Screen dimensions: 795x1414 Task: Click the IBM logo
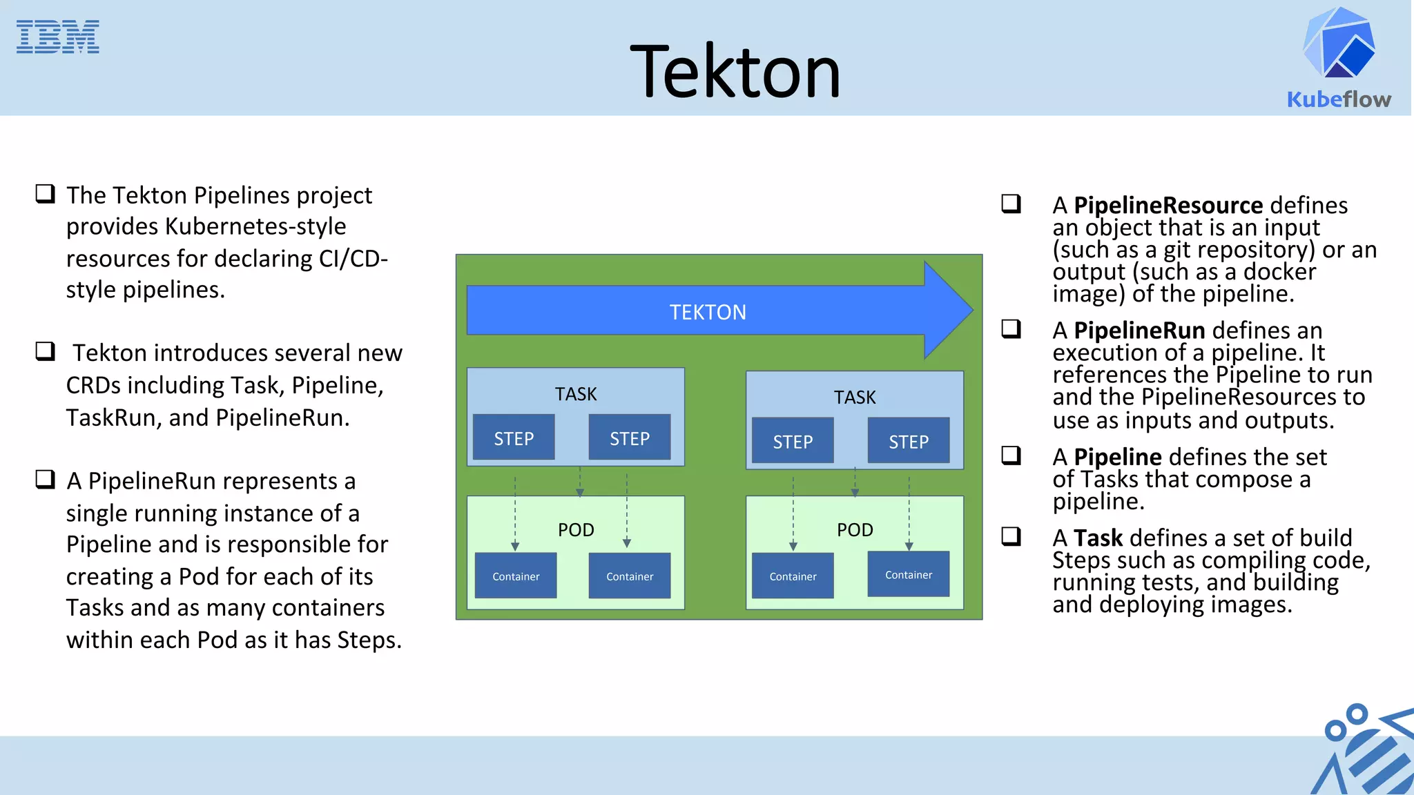[57, 37]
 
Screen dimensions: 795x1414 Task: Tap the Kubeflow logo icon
[1339, 43]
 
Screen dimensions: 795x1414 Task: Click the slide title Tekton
[735, 72]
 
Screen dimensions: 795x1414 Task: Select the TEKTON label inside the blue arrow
[708, 313]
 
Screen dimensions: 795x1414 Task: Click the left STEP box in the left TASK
[514, 438]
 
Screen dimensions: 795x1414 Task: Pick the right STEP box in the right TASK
[909, 441]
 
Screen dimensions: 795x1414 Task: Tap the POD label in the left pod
[576, 530]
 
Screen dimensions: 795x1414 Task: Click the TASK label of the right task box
[855, 397]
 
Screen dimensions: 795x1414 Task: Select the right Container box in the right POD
[909, 575]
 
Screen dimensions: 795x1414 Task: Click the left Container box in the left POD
[516, 576]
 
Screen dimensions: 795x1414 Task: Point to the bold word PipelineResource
[1168, 206]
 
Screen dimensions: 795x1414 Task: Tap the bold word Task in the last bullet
[1098, 538]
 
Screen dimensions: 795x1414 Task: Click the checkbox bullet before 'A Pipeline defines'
[1011, 455]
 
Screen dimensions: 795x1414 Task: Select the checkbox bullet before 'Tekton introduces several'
[46, 351]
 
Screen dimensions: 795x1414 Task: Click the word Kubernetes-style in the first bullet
[255, 226]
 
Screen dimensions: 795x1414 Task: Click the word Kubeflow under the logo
[1339, 99]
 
